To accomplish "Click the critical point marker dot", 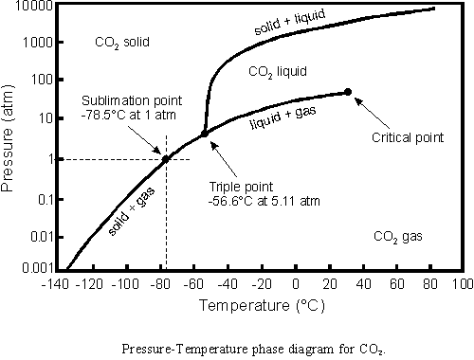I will coord(348,92).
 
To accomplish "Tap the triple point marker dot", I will coord(204,134).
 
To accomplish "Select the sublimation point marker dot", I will coord(166,159).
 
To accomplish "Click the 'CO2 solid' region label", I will coord(124,43).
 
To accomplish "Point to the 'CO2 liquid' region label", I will coord(278,71).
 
